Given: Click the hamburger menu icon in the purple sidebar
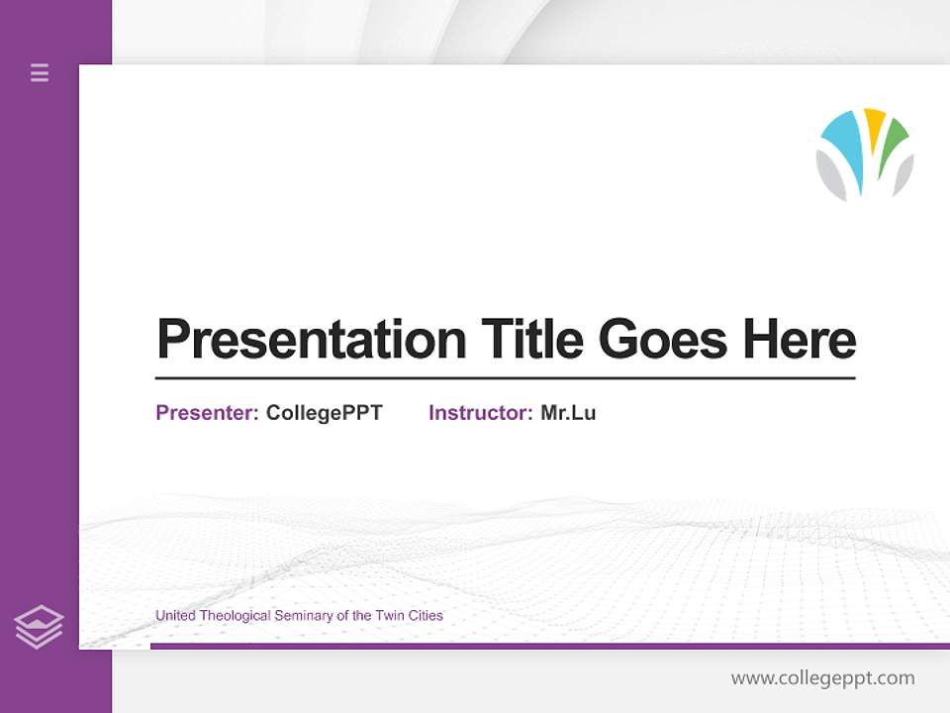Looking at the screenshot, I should [x=40, y=72].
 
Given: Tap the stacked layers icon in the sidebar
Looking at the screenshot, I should [x=39, y=627].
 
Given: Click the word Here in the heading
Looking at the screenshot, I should [x=799, y=340].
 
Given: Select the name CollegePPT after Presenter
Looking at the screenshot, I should [x=324, y=413].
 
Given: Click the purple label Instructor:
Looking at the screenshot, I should [x=481, y=413].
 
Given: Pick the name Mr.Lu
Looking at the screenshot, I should [x=568, y=413].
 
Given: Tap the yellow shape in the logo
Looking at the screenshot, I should [x=874, y=126].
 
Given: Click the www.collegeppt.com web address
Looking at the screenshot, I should [x=822, y=678].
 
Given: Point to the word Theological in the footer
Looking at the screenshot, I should [x=236, y=616].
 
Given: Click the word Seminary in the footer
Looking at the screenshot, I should [x=303, y=616].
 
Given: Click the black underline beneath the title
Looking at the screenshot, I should [x=505, y=378].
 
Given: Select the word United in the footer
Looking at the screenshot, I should [x=176, y=616].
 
